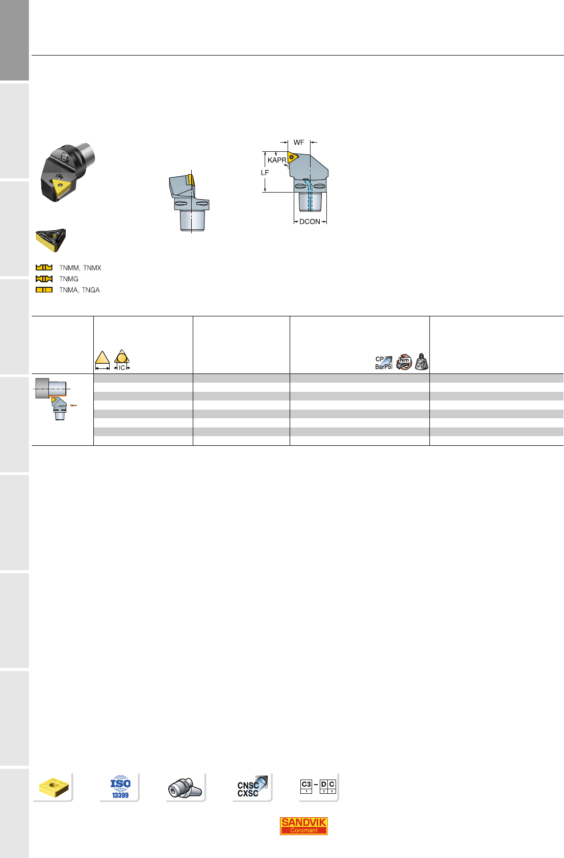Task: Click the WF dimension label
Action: (x=299, y=143)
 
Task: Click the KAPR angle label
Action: (x=277, y=160)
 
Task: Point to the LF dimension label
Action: (x=265, y=173)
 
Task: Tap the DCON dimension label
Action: (x=310, y=222)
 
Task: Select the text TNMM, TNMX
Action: (x=80, y=267)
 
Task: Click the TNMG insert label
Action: (x=69, y=279)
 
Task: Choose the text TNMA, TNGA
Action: (x=80, y=290)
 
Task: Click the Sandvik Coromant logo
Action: (x=303, y=825)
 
